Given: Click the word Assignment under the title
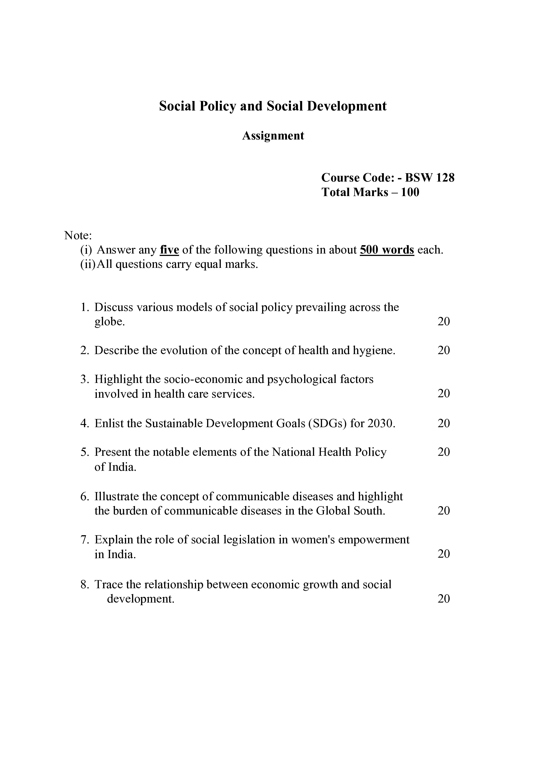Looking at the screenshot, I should (x=273, y=136).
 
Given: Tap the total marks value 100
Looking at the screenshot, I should (x=410, y=192).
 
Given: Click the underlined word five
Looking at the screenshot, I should (x=169, y=250).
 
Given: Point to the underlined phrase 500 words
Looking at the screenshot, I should (x=387, y=250).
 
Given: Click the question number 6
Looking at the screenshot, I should (x=84, y=497).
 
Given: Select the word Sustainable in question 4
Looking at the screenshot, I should (x=173, y=423).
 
